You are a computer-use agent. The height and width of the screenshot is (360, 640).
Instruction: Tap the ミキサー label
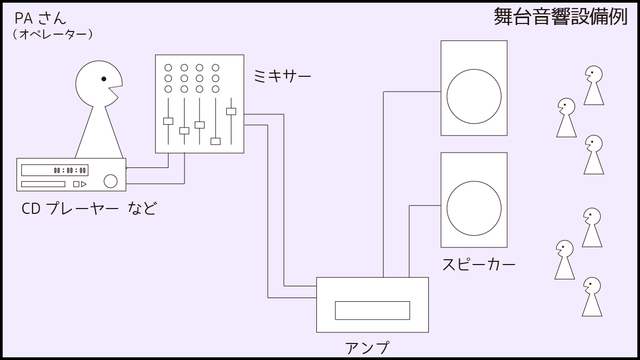click(x=282, y=77)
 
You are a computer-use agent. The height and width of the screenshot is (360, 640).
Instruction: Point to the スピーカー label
click(x=478, y=265)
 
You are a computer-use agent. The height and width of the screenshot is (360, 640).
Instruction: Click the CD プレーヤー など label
click(x=89, y=208)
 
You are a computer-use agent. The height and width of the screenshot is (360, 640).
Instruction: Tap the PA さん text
click(x=41, y=18)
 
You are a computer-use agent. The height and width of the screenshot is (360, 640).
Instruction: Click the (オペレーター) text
click(x=53, y=35)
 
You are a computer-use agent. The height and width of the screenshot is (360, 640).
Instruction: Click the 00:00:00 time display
click(x=70, y=171)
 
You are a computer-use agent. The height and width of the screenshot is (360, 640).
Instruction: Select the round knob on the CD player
click(x=110, y=181)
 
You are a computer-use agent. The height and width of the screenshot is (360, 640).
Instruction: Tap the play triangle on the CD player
click(x=84, y=184)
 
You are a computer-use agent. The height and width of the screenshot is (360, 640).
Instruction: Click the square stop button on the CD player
click(x=76, y=184)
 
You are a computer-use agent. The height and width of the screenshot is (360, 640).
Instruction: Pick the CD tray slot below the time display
click(x=43, y=184)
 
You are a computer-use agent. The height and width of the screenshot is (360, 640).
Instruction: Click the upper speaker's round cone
click(x=474, y=96)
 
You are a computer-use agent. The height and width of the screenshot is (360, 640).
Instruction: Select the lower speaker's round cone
click(x=474, y=208)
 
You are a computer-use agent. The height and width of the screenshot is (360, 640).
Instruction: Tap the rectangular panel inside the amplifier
click(x=372, y=310)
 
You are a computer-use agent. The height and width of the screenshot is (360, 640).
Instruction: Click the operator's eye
click(x=103, y=79)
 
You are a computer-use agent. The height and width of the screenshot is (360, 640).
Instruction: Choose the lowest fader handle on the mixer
click(x=215, y=141)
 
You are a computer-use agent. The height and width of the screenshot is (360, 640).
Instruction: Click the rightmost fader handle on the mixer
click(x=231, y=111)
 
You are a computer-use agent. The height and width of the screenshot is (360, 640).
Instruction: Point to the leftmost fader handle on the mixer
click(x=168, y=121)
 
